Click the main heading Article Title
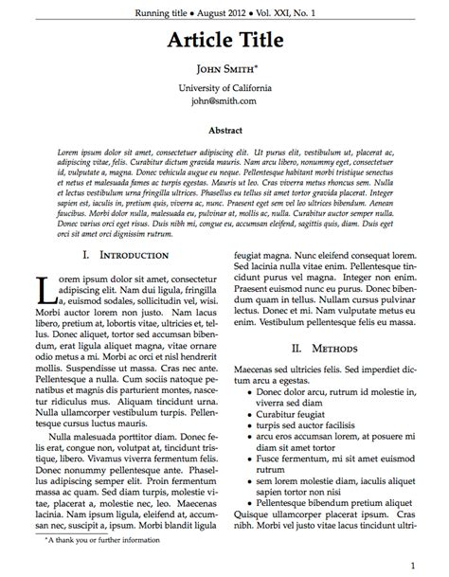click(x=224, y=40)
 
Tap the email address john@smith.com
click(x=224, y=100)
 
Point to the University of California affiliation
click(x=224, y=87)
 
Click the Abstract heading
click(x=224, y=131)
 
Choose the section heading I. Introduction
click(x=126, y=256)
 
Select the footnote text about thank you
click(x=102, y=540)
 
